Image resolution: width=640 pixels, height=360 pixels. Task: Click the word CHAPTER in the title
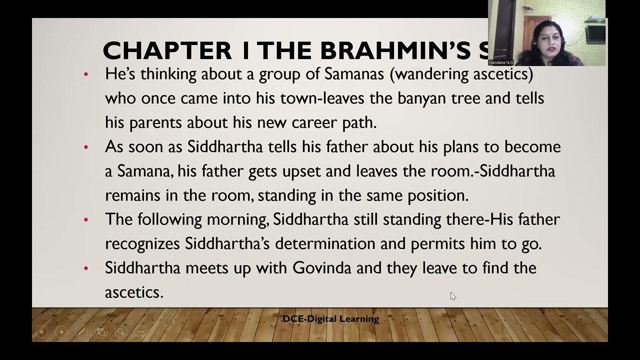point(167,50)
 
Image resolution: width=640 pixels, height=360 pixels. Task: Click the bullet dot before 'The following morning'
point(86,220)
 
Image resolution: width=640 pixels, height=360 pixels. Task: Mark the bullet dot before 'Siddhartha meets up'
point(86,268)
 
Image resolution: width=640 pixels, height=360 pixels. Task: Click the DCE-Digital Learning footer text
point(330,319)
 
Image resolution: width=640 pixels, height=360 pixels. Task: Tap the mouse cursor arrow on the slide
point(452,296)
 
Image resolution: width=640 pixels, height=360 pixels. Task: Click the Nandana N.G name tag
point(501,62)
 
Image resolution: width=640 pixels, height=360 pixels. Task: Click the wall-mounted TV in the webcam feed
point(595,33)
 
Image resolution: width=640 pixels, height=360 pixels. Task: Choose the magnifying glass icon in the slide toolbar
point(120,331)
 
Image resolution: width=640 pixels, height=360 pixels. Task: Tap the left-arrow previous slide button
point(42,331)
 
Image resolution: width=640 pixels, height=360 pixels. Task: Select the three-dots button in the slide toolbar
point(140,331)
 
